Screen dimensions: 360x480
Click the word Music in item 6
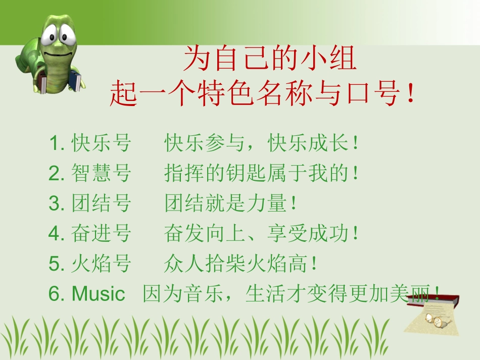pos(98,293)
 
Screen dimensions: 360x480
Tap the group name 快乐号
pos(101,144)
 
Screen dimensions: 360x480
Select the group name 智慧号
pos(101,174)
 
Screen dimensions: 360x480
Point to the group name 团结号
pos(101,203)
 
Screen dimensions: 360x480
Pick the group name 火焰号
pos(101,264)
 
